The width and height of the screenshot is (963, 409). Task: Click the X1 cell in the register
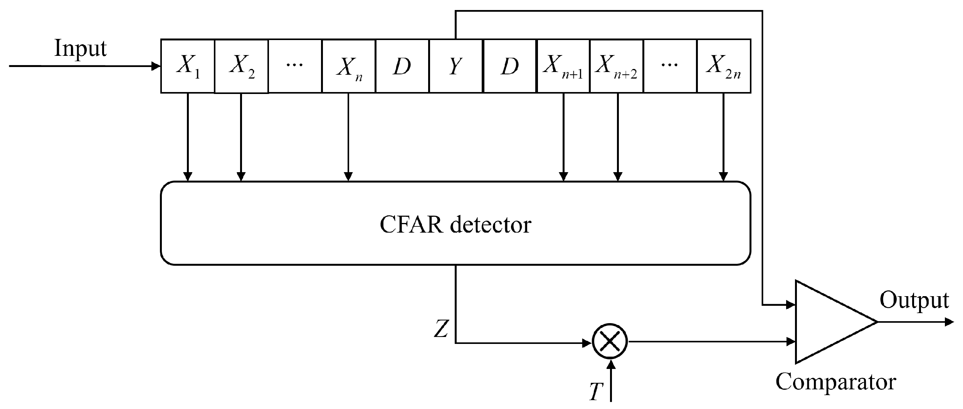pos(188,66)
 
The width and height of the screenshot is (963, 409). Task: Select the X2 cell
pos(241,66)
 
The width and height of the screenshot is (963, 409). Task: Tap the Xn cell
pos(348,66)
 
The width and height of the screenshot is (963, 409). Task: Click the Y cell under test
pos(455,66)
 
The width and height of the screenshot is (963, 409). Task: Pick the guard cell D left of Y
pos(402,66)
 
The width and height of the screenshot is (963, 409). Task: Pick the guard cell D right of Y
pos(509,66)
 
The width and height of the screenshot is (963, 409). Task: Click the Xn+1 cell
pos(563,66)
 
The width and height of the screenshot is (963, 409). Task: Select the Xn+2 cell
pos(617,66)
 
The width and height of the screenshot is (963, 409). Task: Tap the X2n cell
pos(724,66)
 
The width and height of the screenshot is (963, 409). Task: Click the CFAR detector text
pos(455,225)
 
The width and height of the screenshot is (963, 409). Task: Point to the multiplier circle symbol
pos(610,342)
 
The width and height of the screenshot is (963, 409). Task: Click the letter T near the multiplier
pos(596,392)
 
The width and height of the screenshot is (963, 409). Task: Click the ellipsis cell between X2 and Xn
pos(295,66)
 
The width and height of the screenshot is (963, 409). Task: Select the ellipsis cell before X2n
pos(670,66)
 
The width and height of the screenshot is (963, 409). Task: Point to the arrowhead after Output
pos(949,322)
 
